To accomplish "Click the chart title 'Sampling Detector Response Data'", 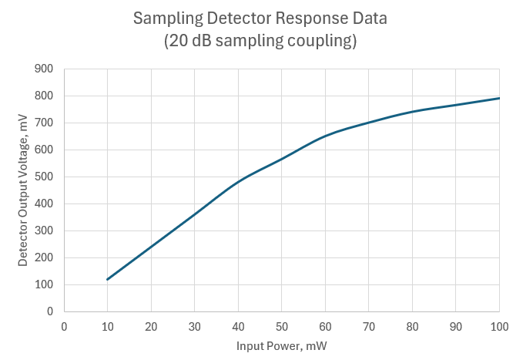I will [x=259, y=19].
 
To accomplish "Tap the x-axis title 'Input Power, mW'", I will [x=281, y=346].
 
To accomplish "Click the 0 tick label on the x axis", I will [x=64, y=326].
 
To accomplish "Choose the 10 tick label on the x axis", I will [x=108, y=326].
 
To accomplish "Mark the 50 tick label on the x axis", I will [x=282, y=326].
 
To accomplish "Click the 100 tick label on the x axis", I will [x=500, y=326].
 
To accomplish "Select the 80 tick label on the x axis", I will [x=413, y=326].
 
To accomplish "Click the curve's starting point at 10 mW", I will [x=108, y=279].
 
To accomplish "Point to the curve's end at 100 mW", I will [x=500, y=98].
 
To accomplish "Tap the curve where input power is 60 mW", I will [x=326, y=136].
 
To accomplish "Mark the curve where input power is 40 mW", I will [x=239, y=182].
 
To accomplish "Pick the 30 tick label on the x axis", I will [x=195, y=326].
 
